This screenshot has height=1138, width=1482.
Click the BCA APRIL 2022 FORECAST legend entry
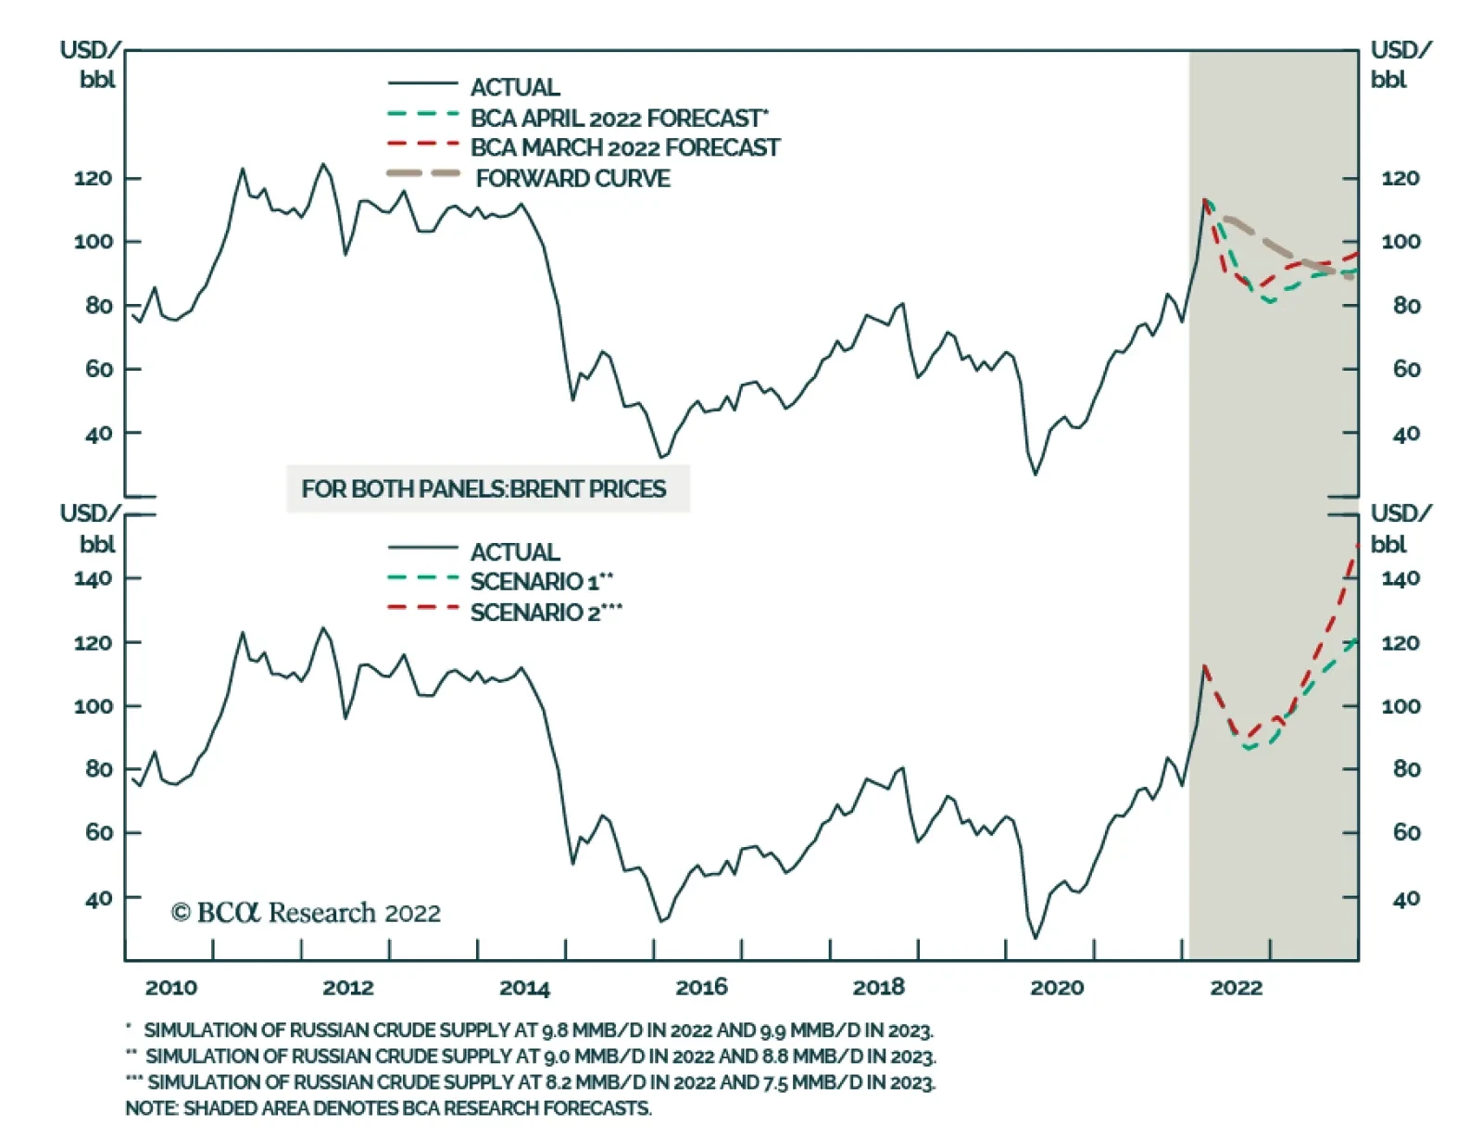point(618,118)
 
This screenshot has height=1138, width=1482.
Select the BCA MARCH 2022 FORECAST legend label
point(624,147)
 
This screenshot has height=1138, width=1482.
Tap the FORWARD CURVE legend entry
point(572,178)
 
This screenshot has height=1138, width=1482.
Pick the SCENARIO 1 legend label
point(541,582)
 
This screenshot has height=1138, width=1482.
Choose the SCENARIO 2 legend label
point(546,613)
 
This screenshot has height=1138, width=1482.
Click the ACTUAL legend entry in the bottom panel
point(515,551)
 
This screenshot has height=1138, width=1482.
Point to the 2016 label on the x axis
point(701,987)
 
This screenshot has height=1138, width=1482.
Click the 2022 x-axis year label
point(1236,987)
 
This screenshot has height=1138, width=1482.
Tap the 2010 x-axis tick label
point(170,987)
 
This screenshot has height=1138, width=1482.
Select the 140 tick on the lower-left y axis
point(93,578)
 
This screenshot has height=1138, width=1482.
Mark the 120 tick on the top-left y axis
point(93,178)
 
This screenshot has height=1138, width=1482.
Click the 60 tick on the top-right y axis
point(1406,369)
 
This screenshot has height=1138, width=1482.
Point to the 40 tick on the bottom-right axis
point(1406,898)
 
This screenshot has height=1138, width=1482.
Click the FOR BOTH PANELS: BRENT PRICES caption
point(484,488)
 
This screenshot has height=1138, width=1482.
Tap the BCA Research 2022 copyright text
point(306,913)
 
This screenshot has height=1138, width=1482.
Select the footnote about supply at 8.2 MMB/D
point(541,1081)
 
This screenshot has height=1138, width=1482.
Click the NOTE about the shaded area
point(388,1107)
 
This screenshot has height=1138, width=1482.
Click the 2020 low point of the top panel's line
point(1036,474)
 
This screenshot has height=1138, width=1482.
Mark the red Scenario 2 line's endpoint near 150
point(1357,546)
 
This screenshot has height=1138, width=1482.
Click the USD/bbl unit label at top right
point(1399,64)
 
